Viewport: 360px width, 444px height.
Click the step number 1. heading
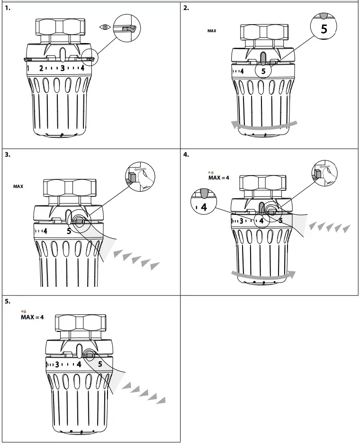click(x=8, y=8)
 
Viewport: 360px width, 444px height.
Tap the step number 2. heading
click(x=186, y=8)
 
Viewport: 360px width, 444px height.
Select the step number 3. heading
click(x=8, y=154)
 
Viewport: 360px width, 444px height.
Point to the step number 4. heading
click(x=186, y=154)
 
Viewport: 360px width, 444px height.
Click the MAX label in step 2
click(x=212, y=31)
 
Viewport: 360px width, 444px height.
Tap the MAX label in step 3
click(x=18, y=186)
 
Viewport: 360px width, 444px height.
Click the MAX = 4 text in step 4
click(x=219, y=178)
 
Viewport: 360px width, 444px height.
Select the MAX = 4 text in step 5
click(x=32, y=317)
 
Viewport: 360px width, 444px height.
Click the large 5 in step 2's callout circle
click(x=324, y=29)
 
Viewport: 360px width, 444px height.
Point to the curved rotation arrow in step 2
click(x=264, y=125)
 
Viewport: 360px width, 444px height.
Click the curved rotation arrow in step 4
click(x=263, y=274)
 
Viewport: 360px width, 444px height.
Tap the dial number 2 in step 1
click(x=41, y=69)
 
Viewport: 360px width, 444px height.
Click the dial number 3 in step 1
click(x=62, y=69)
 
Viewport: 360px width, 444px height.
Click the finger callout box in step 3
click(x=140, y=178)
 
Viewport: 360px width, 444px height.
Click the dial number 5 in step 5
click(x=100, y=364)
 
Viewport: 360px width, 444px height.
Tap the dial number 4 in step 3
click(x=45, y=231)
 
